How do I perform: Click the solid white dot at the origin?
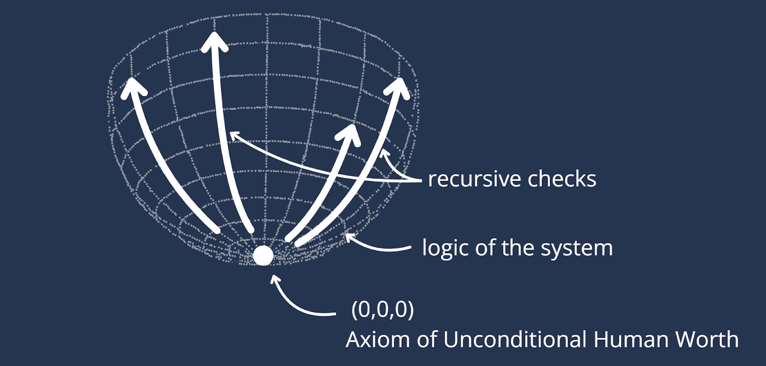point(263,255)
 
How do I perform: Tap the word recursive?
point(474,179)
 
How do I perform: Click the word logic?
point(442,248)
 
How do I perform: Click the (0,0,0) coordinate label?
point(383,310)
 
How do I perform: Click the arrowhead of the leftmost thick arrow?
point(133,88)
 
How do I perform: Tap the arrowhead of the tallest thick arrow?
point(214,41)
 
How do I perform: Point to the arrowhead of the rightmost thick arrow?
point(400,86)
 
